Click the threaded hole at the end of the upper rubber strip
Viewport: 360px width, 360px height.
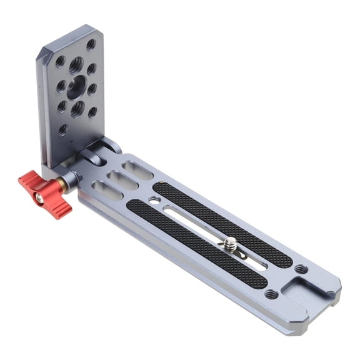click(301, 269)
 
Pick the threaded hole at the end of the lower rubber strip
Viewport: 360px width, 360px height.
click(271, 293)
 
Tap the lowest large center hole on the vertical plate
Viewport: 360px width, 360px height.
click(77, 110)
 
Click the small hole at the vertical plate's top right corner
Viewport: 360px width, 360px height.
click(91, 44)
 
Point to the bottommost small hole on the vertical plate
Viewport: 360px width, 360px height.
click(62, 130)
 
